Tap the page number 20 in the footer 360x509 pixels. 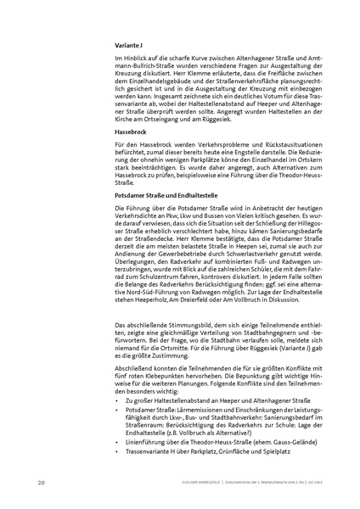click(x=41, y=483)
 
